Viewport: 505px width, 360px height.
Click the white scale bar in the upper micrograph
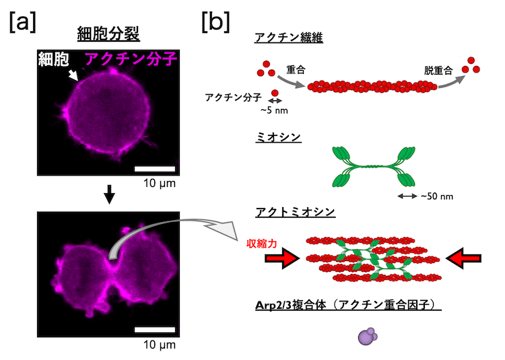pos(155,169)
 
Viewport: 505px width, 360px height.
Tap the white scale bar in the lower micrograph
pos(155,330)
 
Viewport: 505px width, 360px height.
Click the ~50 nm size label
pos(438,197)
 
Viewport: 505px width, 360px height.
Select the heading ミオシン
pos(278,138)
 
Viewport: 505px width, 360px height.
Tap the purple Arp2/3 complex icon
pos(366,337)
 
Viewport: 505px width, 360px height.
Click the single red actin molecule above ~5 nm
pos(274,93)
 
